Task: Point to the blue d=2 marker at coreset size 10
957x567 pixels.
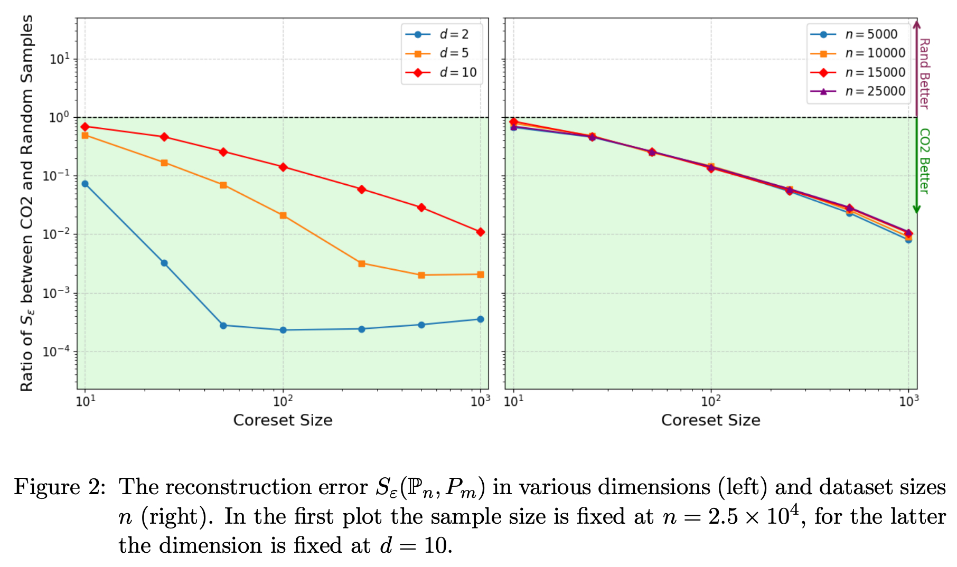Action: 85,184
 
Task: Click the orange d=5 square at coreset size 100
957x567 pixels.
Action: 283,215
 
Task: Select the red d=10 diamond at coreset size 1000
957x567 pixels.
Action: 480,232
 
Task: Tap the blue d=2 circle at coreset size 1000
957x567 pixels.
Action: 480,319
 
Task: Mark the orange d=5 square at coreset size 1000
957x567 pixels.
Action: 480,275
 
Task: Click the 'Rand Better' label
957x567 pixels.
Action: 924,73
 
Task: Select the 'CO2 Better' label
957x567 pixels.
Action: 924,161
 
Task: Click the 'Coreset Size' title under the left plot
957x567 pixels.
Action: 283,420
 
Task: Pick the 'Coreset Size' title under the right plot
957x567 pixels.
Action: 710,420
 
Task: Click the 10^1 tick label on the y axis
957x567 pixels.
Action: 59,59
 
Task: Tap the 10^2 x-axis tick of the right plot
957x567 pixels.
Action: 710,401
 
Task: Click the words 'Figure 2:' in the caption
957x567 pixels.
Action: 60,487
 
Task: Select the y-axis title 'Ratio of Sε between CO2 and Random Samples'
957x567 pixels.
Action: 27,203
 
